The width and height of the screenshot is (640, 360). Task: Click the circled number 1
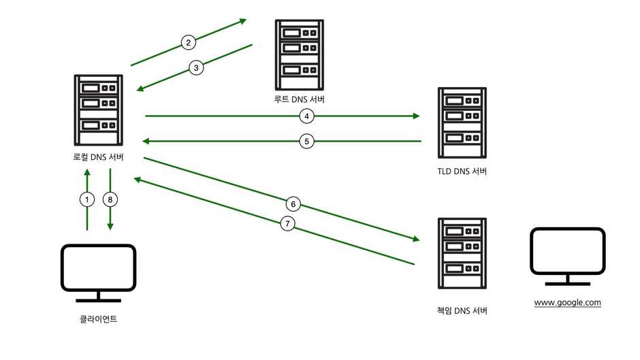tap(86, 199)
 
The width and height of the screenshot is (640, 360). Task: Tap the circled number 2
tap(189, 43)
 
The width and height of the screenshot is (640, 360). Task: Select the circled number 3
tap(196, 67)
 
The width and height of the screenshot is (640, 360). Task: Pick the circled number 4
tap(307, 116)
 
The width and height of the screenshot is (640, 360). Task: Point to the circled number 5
tap(307, 142)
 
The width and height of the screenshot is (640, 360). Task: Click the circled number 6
tap(293, 203)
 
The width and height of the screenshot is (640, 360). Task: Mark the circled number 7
tap(287, 223)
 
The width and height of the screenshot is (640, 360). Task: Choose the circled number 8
tap(110, 199)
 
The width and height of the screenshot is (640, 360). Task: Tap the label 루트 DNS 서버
tap(299, 100)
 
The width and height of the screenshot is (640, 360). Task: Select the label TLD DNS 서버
tap(462, 171)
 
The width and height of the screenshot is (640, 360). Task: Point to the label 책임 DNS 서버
tap(462, 311)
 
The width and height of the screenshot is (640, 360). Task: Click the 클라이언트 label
tap(99, 318)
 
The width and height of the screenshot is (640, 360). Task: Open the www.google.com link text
tap(567, 302)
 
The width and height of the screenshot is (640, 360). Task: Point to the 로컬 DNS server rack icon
tap(99, 111)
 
